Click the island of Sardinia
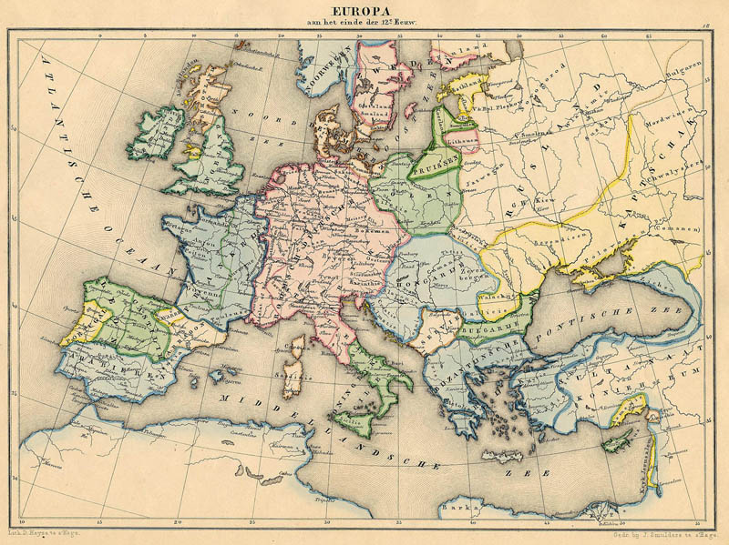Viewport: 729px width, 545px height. tap(293, 378)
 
